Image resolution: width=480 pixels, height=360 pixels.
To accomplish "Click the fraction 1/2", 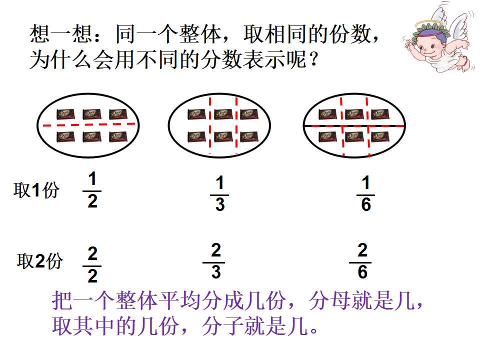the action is pos(92,190).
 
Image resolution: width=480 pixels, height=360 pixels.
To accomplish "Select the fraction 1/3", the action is pos(219,193).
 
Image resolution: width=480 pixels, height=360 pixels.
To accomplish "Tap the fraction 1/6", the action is pos(366,193).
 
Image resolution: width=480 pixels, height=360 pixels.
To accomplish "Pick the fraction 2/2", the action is pos(92,265).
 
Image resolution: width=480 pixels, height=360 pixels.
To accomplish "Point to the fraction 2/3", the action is pos(216,261).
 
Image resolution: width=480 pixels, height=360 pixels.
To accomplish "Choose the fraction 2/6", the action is pos(362,261).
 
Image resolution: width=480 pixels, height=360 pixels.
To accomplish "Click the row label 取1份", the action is pos(36,190).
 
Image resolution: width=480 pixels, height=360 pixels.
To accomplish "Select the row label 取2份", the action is pos(40,261).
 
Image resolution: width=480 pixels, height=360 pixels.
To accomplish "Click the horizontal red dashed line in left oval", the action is pos(89,124).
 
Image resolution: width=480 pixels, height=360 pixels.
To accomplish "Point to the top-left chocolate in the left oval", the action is pos(65,114).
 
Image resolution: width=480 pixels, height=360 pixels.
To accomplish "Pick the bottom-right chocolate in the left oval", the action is pos(118,137).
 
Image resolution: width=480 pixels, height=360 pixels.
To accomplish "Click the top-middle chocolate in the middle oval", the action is pos(223,114).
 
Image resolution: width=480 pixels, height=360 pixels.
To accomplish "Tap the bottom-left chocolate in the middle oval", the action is pos(196,137).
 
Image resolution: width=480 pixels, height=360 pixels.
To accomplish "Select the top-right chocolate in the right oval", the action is pos(380,114).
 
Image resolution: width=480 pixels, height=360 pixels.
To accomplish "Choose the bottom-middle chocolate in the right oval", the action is pos(354,137).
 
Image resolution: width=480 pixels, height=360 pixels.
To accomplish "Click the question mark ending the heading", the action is pos(313,59).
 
